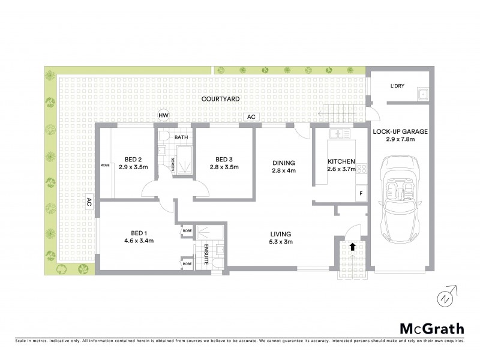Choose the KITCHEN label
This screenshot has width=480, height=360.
click(341, 161)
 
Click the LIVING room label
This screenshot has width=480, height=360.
click(281, 233)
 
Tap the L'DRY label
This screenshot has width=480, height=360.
click(397, 86)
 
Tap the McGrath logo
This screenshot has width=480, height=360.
click(431, 328)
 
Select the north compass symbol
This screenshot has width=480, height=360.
click(443, 297)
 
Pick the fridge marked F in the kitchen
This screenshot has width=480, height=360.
click(361, 193)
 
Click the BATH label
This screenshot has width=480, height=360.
click(181, 137)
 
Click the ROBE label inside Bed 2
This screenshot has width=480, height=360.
click(105, 164)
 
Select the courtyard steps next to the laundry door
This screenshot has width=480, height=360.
click(342, 111)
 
